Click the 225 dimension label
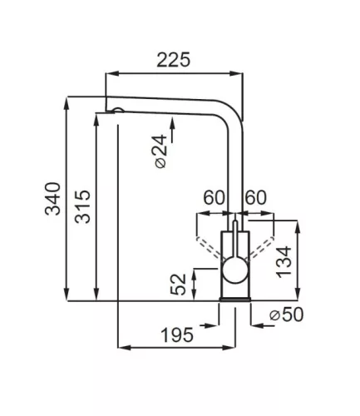[x=174, y=60]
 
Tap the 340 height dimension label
[x=52, y=199]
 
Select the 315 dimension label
[x=83, y=206]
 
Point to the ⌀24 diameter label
[x=160, y=151]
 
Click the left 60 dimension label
[x=214, y=198]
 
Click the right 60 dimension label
[x=255, y=198]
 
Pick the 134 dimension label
[x=284, y=262]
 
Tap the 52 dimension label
[x=178, y=285]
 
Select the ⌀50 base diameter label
[x=287, y=314]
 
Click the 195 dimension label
[x=177, y=334]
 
